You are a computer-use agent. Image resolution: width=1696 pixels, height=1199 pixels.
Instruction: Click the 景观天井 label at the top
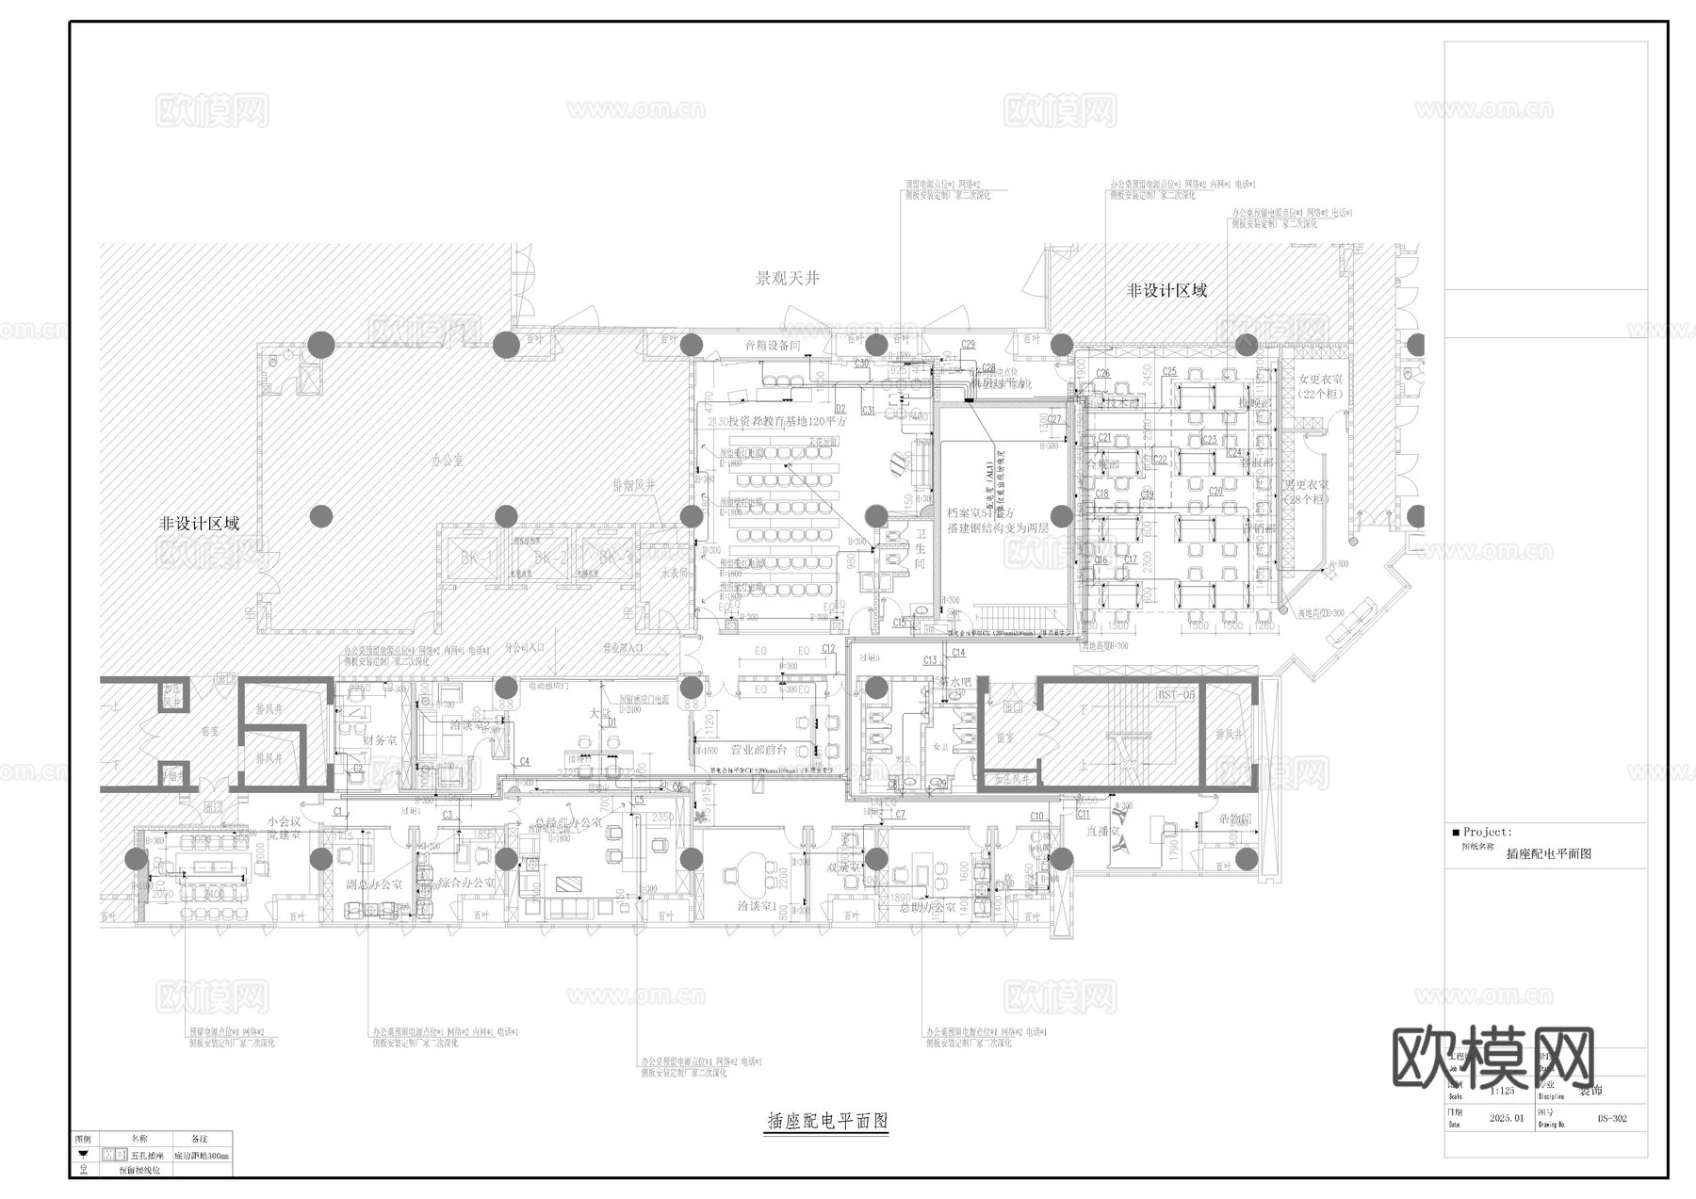[788, 279]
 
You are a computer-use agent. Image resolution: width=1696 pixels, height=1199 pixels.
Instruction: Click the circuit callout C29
[968, 345]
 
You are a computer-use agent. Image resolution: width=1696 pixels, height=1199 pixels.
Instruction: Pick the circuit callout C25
[1169, 372]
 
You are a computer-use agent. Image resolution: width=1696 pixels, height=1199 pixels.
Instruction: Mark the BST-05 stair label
[1175, 695]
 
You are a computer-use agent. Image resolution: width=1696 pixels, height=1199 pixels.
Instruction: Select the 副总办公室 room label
[374, 885]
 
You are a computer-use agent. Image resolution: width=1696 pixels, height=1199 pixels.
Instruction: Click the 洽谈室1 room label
[758, 907]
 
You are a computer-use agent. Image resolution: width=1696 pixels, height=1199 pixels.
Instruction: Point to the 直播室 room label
[1101, 832]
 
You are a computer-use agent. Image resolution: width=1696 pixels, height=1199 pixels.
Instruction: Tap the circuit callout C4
[524, 761]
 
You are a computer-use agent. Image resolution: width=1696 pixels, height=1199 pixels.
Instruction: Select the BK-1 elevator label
[477, 559]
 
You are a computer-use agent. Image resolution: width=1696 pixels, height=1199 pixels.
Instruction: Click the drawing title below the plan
[827, 1121]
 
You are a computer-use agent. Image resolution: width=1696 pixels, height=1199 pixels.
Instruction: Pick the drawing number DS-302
[1611, 1119]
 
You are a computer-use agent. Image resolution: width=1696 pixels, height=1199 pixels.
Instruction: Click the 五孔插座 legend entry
[148, 1155]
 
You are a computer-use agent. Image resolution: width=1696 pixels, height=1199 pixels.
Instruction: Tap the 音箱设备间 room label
[772, 346]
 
